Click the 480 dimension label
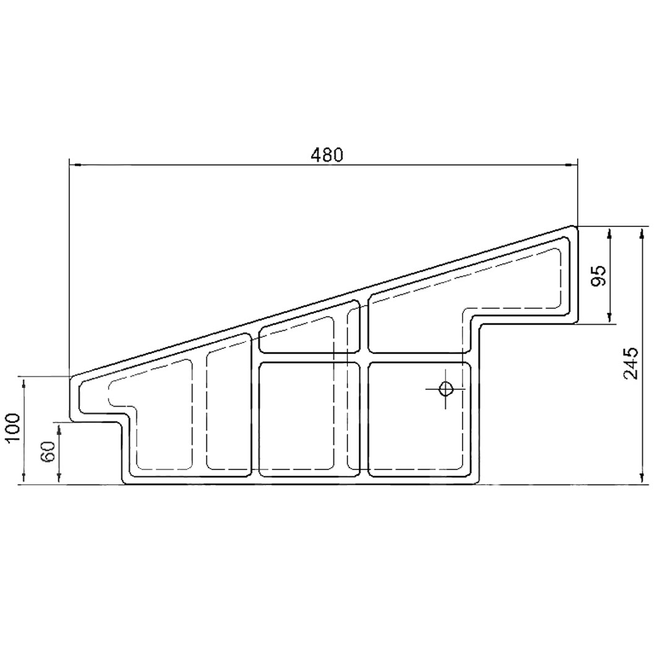coord(327,155)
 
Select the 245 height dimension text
coord(630,364)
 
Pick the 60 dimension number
coord(48,452)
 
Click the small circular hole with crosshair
coord(445,388)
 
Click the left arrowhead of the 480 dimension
coord(75,165)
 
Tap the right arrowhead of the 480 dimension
coord(572,165)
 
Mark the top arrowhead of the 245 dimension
coord(642,233)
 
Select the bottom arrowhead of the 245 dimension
coord(642,478)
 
